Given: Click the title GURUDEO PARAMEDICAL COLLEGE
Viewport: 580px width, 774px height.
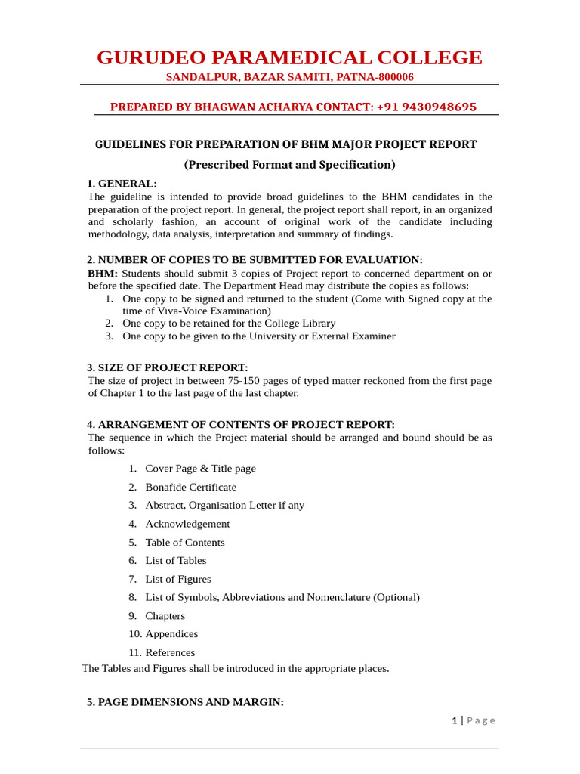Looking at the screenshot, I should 289,57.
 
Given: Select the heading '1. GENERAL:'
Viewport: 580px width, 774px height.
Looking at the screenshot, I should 122,184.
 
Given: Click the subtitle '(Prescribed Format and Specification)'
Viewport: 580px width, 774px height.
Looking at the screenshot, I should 289,164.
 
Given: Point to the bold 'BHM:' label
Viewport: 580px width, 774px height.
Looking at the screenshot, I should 103,273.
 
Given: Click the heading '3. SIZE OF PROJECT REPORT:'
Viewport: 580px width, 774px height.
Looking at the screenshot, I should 167,368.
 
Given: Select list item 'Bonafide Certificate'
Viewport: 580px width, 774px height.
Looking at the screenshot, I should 190,487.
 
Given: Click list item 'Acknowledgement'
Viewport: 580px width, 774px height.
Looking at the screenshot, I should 187,524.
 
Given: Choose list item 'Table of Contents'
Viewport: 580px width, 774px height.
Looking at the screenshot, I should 185,542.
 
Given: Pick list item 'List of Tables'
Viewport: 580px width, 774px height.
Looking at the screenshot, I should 175,560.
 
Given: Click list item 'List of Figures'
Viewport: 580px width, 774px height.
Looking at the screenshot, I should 178,579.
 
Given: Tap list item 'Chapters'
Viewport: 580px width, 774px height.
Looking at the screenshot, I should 165,616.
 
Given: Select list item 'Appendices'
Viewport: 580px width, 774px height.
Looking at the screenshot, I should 171,634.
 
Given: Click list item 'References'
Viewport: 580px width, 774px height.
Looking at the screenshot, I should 170,652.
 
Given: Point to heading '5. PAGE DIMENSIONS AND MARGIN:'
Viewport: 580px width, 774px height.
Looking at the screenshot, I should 185,702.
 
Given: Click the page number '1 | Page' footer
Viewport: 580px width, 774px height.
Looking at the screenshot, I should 474,720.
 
